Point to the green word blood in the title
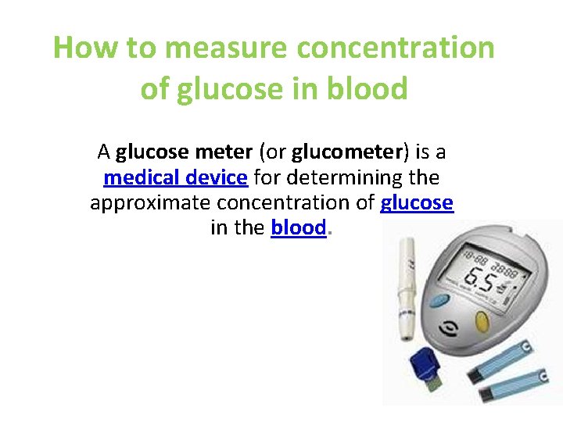click(x=370, y=89)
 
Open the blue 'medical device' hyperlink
click(x=176, y=177)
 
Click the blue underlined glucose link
click(x=417, y=203)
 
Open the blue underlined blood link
click(x=298, y=229)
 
